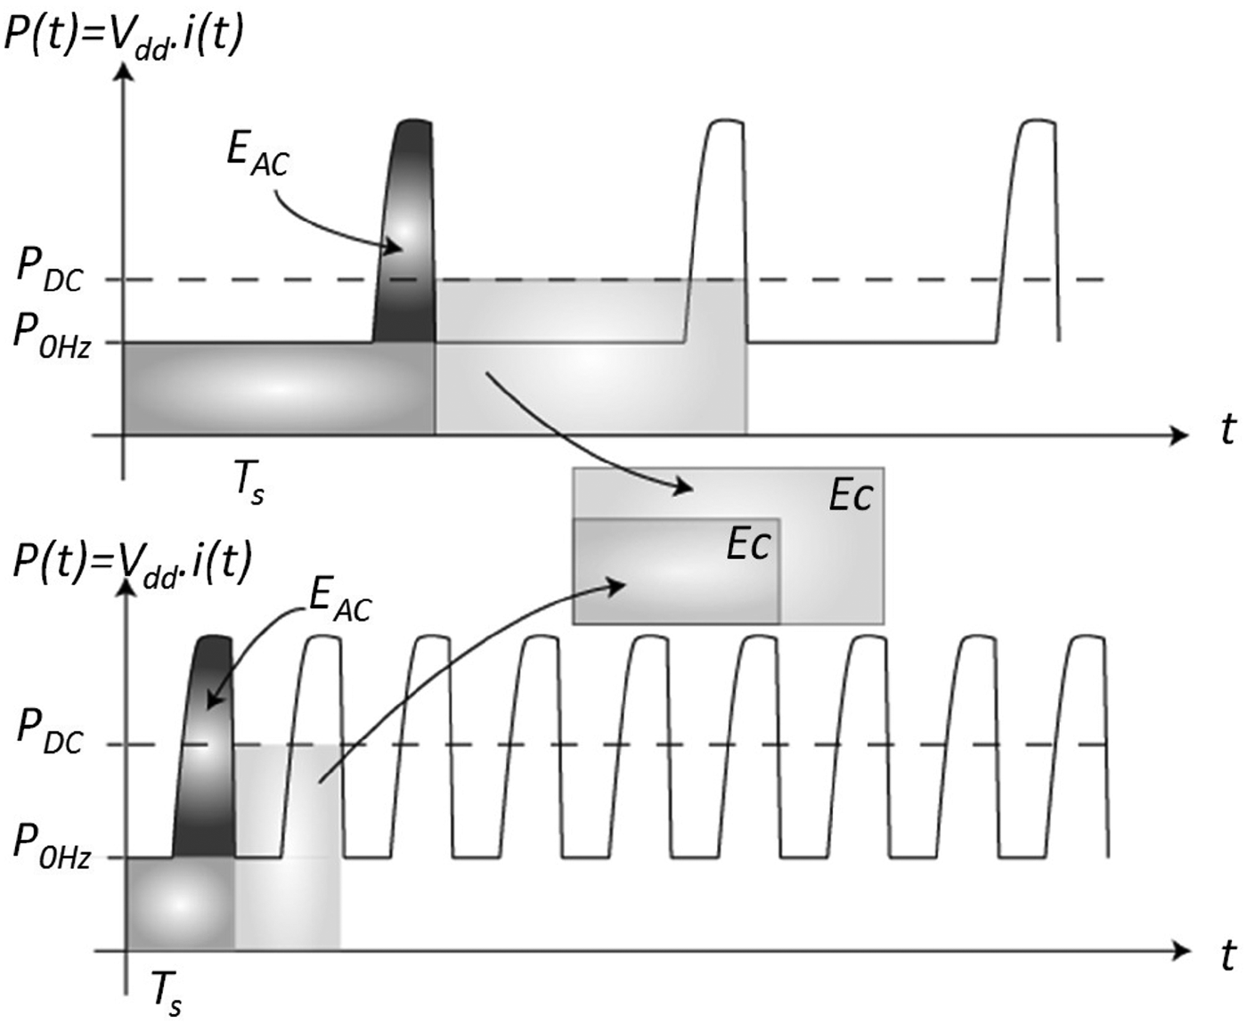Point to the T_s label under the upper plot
[249, 484]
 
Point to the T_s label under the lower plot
[166, 993]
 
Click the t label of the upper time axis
[1227, 430]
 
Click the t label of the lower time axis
[1227, 955]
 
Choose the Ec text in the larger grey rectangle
[850, 496]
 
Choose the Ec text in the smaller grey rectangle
[747, 544]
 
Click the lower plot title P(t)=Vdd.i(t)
[132, 562]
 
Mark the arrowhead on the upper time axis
[1179, 435]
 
